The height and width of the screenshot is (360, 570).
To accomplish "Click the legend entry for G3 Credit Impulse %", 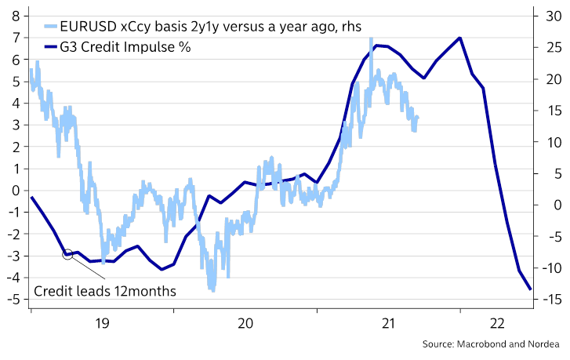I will tap(125, 47).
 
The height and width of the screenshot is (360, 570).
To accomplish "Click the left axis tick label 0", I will tap(15, 190).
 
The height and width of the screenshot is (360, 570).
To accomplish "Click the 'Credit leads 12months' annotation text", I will tap(104, 291).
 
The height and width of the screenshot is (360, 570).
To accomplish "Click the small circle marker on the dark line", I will tap(68, 254).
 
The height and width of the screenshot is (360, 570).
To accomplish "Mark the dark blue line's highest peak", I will tap(459, 38).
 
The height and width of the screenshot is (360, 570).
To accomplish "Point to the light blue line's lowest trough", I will tap(211, 290).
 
